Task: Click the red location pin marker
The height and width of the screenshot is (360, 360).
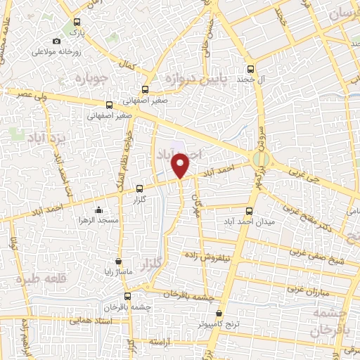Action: click(181, 166)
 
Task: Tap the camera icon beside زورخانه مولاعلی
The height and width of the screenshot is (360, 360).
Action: click(57, 42)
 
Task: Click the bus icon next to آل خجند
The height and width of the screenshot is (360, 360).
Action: click(251, 69)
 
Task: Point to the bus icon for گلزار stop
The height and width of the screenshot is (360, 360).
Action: click(139, 188)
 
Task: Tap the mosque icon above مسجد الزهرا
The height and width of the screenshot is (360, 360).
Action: click(98, 210)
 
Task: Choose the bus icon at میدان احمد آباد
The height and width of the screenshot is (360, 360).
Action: click(249, 210)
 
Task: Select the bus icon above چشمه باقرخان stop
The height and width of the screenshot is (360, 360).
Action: click(127, 296)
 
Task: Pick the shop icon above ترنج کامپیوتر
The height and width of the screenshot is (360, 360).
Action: click(219, 314)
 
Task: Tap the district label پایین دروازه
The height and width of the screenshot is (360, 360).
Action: click(199, 77)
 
